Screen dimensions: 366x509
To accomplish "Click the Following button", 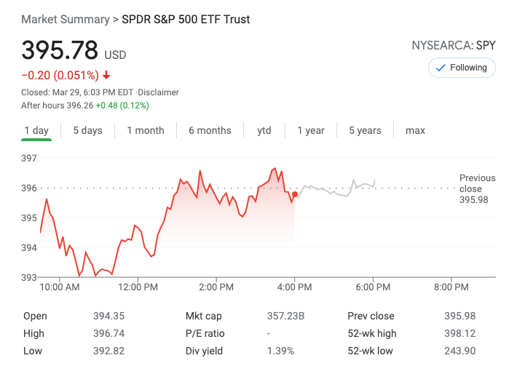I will [x=461, y=68].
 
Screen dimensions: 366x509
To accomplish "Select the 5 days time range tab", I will [x=87, y=131].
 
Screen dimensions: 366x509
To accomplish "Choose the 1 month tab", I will [x=146, y=131].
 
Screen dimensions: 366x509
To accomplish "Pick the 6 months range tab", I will [x=210, y=131].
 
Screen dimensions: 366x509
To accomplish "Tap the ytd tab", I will [x=264, y=131].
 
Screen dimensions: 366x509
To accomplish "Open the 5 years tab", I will [x=365, y=131].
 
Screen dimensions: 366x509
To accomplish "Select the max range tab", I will [x=415, y=131].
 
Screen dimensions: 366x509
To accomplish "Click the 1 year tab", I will [x=311, y=131].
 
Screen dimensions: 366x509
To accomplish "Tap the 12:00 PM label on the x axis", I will [x=138, y=287].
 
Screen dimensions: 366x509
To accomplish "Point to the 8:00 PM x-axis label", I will [x=451, y=287].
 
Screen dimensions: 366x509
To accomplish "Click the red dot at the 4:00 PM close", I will [x=294, y=194].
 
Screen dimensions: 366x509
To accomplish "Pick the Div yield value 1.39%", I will [x=280, y=351].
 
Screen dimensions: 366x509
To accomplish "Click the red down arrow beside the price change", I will [x=106, y=75].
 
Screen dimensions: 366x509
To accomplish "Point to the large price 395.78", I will [x=60, y=50].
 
